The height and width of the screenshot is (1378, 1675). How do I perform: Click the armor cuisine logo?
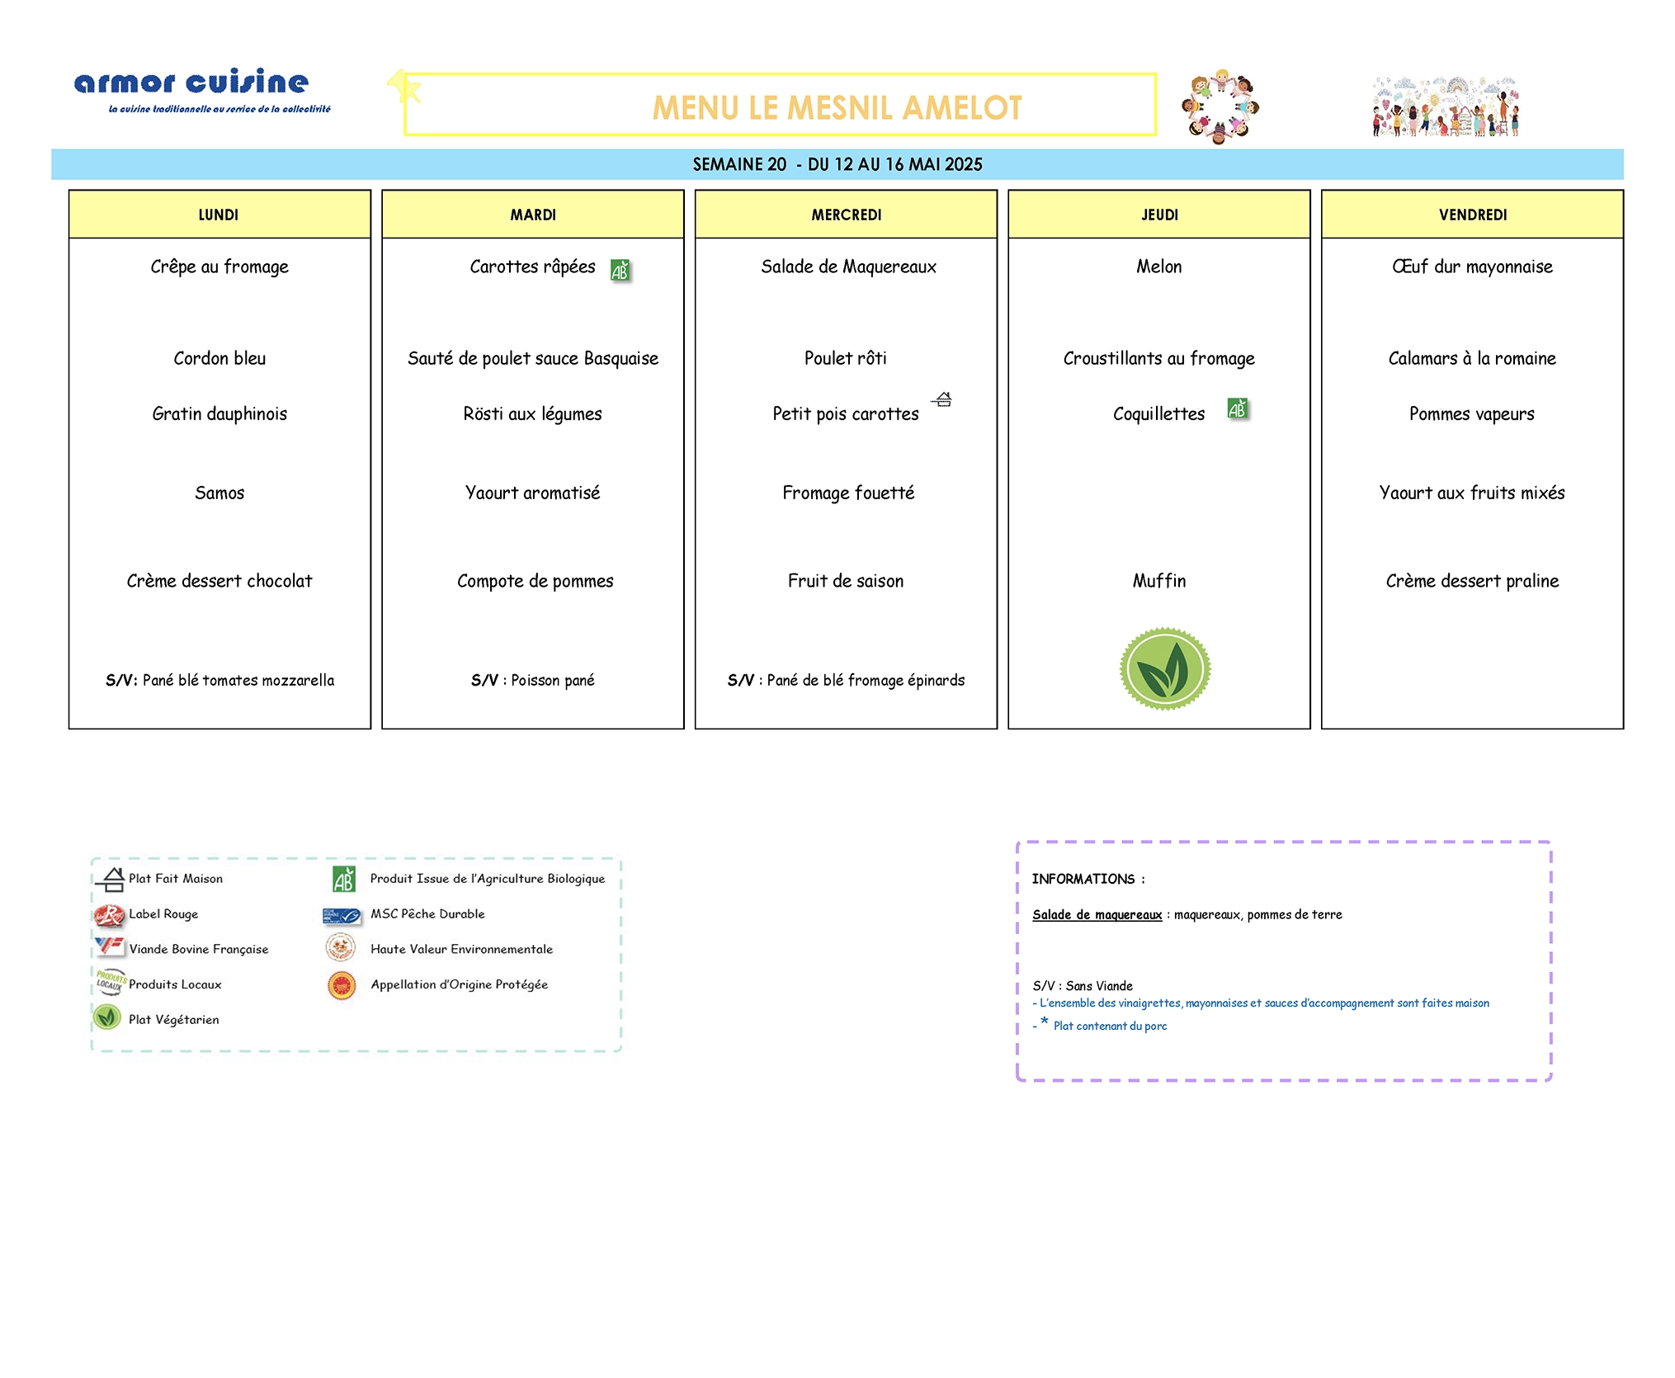[x=202, y=89]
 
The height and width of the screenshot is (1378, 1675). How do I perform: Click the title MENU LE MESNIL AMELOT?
[x=837, y=108]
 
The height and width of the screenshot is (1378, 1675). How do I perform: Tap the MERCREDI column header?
[x=846, y=215]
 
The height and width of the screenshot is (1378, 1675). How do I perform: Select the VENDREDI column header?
[x=1472, y=215]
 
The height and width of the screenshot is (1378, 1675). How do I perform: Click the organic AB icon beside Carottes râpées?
[x=620, y=270]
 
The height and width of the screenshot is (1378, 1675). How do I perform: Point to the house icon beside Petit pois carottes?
[x=942, y=399]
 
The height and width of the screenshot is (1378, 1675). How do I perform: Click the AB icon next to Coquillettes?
[x=1237, y=408]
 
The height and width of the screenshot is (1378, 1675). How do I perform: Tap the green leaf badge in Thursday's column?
[x=1164, y=668]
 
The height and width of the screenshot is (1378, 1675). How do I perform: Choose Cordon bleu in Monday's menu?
[x=219, y=358]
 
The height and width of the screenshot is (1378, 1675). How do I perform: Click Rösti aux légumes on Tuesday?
[x=532, y=414]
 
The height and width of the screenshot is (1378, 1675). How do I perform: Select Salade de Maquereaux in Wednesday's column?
[x=848, y=267]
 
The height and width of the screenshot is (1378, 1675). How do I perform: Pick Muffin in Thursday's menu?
[x=1158, y=581]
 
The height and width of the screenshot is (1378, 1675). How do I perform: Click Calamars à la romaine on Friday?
[x=1472, y=358]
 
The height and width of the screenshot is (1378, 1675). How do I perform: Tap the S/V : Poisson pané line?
[x=532, y=680]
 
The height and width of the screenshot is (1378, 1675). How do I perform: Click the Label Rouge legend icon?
[x=109, y=914]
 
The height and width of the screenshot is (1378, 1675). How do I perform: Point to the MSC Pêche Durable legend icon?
[x=342, y=915]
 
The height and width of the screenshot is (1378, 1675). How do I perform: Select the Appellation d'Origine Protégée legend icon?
[x=342, y=985]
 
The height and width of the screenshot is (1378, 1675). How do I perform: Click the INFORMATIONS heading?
[x=1088, y=879]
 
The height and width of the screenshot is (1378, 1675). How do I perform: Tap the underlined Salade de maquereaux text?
[x=1097, y=915]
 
